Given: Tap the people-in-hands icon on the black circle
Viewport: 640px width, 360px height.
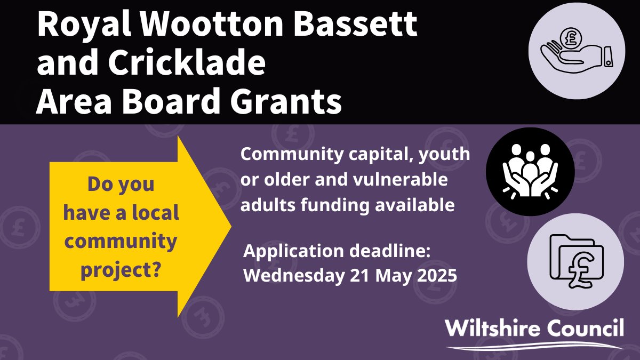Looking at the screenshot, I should [530, 170].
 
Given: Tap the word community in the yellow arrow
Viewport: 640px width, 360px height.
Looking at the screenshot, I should [121, 241].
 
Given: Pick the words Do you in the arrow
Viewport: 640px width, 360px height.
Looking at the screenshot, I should [121, 184].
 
